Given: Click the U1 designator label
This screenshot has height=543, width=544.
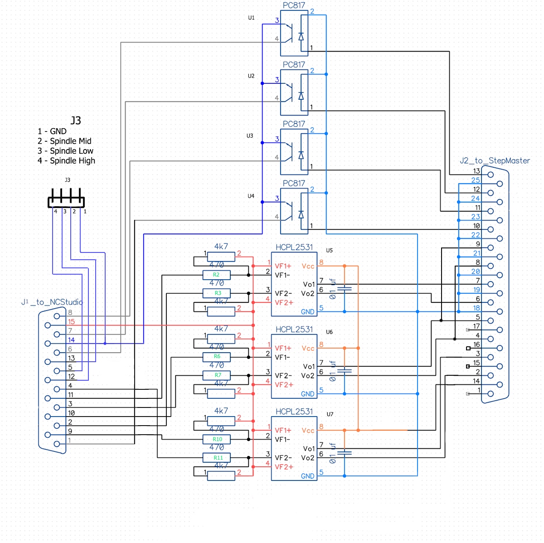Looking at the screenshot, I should click(251, 18).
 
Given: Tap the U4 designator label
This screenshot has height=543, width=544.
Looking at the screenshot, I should click(251, 196).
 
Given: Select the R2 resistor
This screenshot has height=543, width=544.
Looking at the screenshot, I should click(216, 275).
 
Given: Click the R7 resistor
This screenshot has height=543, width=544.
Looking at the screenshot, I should click(218, 375).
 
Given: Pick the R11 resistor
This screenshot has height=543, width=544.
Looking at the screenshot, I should click(218, 458).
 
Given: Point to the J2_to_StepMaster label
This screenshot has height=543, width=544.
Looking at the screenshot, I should click(495, 160).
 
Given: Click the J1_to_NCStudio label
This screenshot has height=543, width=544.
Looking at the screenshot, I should click(52, 302).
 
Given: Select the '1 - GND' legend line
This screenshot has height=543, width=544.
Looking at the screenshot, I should click(52, 131).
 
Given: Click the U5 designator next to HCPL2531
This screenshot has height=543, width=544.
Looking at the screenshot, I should click(329, 250).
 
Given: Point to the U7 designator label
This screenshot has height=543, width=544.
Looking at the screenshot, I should click(330, 414).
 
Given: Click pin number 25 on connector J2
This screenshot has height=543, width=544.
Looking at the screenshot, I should click(475, 180).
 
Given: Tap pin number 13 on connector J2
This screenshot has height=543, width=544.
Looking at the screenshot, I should click(476, 171).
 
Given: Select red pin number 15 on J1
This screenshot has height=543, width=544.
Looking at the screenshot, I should click(71, 321).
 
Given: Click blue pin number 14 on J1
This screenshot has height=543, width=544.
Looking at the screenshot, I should click(71, 339).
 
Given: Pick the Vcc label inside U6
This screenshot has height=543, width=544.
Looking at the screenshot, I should click(308, 348).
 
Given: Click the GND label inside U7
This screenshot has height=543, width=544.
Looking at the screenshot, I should click(307, 476).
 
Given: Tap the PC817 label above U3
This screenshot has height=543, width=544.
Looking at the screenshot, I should click(294, 124).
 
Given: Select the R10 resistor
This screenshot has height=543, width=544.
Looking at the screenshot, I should click(218, 439).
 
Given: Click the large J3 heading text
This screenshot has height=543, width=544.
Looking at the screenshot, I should click(76, 120).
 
